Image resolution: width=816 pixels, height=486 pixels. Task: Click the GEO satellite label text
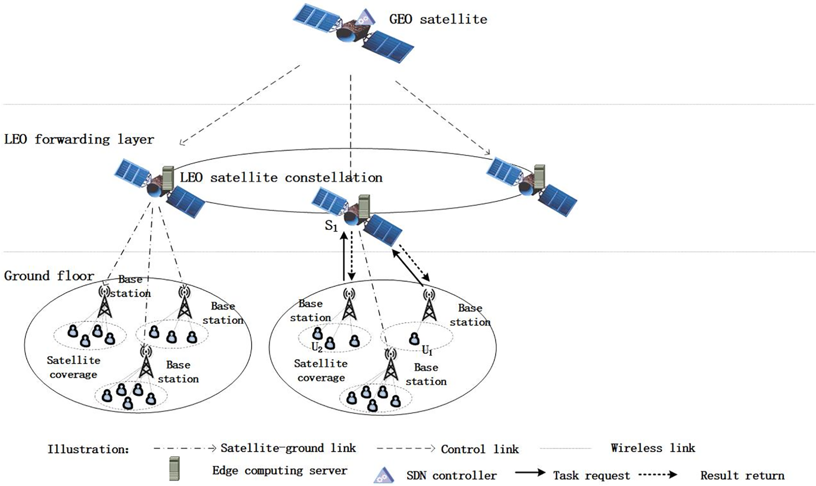438,19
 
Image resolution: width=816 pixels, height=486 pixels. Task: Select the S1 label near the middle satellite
331,226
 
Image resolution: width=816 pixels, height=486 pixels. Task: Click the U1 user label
427,350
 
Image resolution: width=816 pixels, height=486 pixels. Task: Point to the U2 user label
317,347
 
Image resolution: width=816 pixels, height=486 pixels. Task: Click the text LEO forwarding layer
79,139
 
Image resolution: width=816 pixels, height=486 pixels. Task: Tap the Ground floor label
49,276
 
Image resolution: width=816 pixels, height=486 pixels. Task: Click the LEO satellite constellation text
281,178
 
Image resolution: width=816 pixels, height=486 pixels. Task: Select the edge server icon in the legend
174,469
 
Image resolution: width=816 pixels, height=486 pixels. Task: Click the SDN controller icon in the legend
384,475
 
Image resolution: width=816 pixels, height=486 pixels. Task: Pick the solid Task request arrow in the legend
530,473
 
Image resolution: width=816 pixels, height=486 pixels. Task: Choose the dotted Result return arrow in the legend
658,474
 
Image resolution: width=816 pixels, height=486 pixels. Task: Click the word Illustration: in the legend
88,450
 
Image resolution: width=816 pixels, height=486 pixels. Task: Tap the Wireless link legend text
652,448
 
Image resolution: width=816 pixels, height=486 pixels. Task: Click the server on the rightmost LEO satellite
539,176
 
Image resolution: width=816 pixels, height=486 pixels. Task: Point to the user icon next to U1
414,339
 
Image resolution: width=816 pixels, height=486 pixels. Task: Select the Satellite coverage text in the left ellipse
73,367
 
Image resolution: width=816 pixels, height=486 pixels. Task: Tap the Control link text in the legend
480,450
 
